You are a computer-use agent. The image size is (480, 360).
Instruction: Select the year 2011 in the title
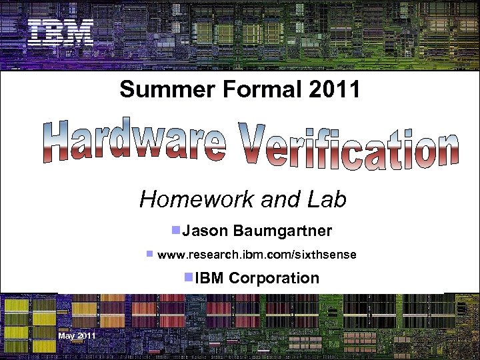pos(335,89)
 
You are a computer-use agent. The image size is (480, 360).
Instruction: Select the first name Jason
pos(205,231)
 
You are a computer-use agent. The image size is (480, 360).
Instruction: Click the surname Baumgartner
pos(283,231)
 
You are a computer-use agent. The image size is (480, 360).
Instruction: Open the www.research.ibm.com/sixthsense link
pos(257,255)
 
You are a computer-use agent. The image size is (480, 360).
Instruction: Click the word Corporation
pos(274,278)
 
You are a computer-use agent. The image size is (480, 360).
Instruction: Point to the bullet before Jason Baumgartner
pos(175,231)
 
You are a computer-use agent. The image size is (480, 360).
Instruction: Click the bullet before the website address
pos(150,254)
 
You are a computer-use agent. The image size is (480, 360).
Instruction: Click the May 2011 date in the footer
pos(77,335)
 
